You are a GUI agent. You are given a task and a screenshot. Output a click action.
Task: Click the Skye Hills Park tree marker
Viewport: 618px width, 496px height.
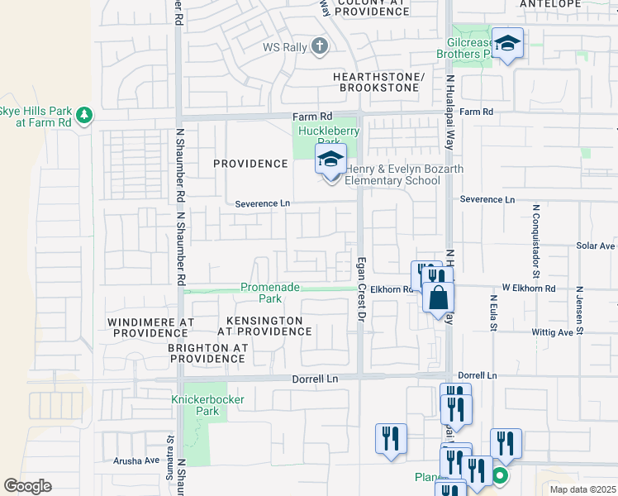(x=84, y=114)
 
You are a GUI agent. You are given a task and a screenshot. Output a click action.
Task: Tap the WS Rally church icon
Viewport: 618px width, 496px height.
(x=321, y=47)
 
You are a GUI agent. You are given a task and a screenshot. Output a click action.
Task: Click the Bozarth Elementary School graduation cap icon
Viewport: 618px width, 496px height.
(x=330, y=160)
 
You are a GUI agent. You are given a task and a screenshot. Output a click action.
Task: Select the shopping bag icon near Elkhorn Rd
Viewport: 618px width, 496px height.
(x=439, y=297)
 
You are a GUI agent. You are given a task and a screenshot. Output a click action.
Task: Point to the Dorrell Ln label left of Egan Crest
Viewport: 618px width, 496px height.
(x=316, y=379)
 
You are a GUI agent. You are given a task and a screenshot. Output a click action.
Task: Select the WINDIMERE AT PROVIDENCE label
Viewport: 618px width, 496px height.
(x=150, y=327)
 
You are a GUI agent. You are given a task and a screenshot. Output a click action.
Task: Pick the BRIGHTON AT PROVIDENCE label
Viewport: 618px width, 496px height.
(x=207, y=354)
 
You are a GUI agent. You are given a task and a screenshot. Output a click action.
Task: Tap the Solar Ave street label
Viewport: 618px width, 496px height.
(x=596, y=246)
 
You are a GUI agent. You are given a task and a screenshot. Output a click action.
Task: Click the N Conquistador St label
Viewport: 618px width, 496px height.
(x=536, y=239)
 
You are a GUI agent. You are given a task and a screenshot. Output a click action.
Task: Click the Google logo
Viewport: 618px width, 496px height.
(x=27, y=486)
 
